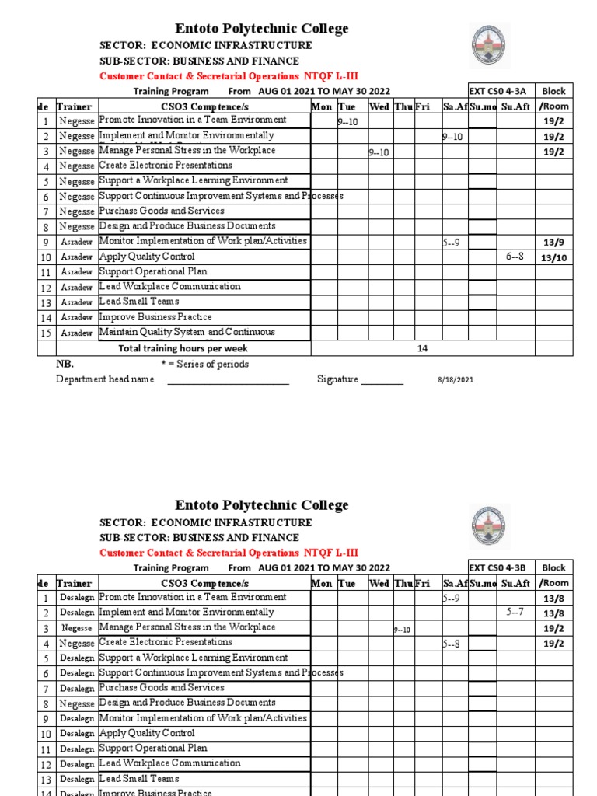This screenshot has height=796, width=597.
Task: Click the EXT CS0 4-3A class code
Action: click(501, 91)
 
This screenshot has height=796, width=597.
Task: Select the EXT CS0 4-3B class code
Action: click(501, 568)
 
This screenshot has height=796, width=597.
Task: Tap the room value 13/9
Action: click(554, 243)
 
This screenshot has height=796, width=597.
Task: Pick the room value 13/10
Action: click(554, 257)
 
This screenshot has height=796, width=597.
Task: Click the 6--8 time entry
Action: click(515, 257)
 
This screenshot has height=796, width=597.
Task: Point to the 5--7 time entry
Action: click(515, 612)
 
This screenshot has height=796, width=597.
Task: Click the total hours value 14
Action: click(423, 348)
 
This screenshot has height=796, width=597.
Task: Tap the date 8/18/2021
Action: click(454, 380)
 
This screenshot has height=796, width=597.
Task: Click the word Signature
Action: click(337, 379)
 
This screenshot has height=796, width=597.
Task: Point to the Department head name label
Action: click(105, 379)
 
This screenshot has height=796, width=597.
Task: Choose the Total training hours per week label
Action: click(183, 348)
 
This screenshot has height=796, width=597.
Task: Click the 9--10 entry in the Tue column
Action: click(346, 122)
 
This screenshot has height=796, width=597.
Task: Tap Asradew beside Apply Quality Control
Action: click(76, 257)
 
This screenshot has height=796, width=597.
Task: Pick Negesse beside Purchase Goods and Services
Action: click(76, 211)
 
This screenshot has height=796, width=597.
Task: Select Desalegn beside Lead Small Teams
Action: click(77, 779)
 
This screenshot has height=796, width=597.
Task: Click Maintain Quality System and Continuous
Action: click(187, 332)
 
